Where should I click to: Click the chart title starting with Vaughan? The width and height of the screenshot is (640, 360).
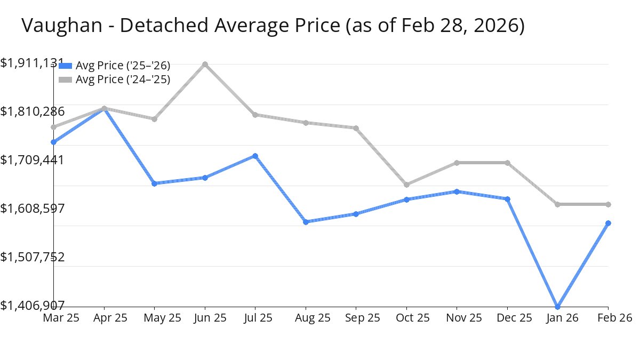coord(273,26)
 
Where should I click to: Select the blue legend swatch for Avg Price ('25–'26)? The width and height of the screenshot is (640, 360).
coord(65,66)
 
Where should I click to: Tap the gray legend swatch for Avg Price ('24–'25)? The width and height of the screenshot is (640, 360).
coord(65,79)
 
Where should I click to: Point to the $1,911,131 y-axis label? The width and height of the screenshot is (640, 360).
coord(32,63)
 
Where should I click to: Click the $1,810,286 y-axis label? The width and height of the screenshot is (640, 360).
coord(32,111)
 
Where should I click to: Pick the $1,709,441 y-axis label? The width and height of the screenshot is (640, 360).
coord(32,160)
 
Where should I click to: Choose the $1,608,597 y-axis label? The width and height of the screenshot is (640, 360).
coord(32,208)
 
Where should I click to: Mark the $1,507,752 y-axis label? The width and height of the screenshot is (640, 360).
coord(32,257)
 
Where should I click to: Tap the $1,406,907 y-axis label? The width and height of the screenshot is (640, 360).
coord(32,305)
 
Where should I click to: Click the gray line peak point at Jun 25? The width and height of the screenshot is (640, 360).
coord(205,65)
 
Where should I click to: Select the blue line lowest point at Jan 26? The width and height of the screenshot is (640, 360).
coord(558,307)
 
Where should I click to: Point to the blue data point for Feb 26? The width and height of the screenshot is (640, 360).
coord(608,223)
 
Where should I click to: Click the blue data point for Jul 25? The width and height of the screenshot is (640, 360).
coord(255,156)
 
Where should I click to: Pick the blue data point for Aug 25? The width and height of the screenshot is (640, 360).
coord(306,222)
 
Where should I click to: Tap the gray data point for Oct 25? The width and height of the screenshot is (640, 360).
coord(406,185)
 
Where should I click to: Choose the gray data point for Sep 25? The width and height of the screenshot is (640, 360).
coord(356,128)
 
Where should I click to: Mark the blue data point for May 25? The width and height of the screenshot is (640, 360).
coord(154,183)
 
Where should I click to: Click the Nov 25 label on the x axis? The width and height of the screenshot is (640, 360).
coord(457,318)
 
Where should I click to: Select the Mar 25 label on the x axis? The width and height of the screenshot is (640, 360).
coord(61,318)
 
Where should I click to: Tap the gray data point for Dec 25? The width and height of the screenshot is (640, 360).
coord(507,163)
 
